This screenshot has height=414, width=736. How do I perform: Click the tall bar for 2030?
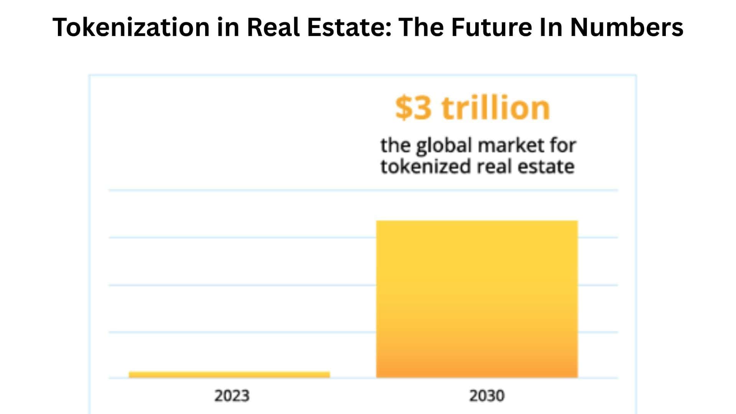coord(477,299)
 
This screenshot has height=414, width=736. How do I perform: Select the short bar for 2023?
coord(229,375)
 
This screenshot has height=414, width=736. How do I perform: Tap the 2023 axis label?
coord(232,396)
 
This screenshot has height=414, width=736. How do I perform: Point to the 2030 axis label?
coord(487,396)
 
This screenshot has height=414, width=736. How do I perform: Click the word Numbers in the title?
coord(627,28)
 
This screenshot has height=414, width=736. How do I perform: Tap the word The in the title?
coord(421,28)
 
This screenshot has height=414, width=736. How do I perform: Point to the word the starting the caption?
coord(396,146)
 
